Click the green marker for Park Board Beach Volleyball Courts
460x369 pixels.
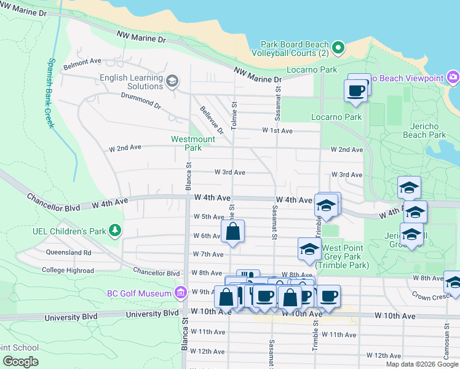338,47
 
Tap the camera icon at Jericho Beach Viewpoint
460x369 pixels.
453,77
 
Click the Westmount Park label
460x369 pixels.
192,143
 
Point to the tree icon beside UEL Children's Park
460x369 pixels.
114,230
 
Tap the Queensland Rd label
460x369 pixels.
68,252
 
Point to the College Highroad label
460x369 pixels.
68,270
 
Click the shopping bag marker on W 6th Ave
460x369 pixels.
233,232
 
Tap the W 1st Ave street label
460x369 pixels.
277,130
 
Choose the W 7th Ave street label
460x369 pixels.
207,254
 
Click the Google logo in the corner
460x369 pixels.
20,362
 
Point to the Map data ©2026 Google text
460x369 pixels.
421,364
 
